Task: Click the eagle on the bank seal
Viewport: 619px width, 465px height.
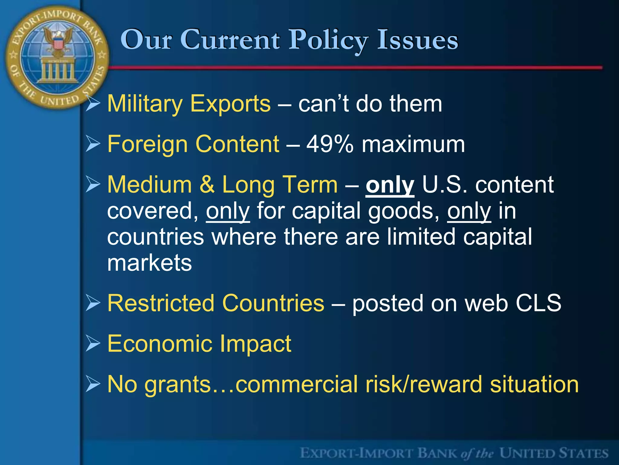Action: (58, 41)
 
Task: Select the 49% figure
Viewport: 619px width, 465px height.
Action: (330, 144)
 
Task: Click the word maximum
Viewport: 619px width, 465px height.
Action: (413, 144)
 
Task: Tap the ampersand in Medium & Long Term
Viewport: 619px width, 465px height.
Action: (207, 184)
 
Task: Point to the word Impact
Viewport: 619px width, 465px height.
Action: (255, 344)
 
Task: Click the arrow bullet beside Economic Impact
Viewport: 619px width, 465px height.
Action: (92, 344)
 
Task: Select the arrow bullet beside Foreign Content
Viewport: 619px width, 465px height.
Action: (92, 144)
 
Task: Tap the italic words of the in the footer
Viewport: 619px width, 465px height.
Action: (477, 453)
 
